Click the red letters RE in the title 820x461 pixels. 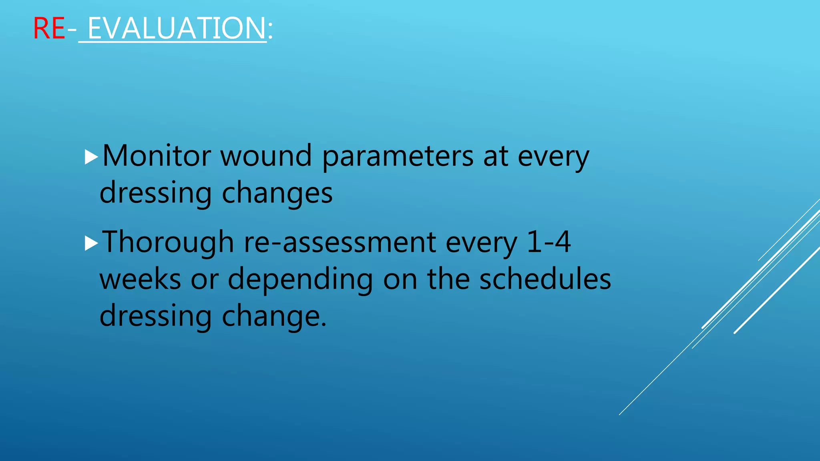click(49, 28)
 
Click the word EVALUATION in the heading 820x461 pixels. click(177, 28)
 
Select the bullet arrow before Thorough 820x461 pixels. click(91, 243)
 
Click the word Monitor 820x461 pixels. click(157, 156)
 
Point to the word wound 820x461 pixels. click(266, 156)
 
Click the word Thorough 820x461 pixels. click(168, 243)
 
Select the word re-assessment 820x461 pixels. click(340, 243)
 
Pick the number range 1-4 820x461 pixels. click(549, 242)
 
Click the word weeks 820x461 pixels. click(140, 279)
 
